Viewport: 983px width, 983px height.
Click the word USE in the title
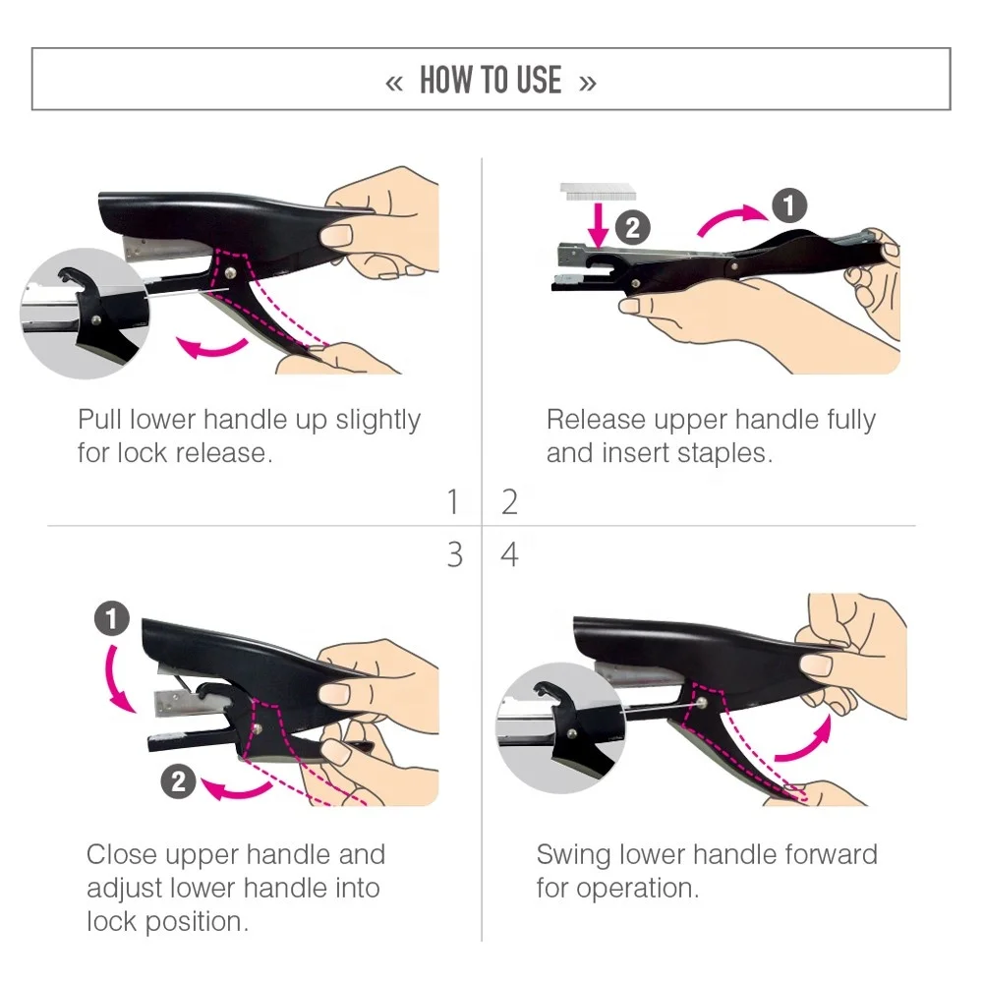[x=538, y=81]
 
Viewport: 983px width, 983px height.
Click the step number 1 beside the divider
[x=453, y=501]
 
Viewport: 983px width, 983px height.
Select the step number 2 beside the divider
[x=509, y=501]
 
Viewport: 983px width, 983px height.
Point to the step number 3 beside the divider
[x=453, y=555]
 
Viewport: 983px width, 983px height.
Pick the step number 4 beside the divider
[x=509, y=555]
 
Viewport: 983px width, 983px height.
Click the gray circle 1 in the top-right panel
[x=788, y=205]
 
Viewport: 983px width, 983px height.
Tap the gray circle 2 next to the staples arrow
[x=633, y=228]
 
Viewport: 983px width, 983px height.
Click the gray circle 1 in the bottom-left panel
[x=112, y=619]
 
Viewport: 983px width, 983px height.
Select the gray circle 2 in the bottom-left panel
[x=178, y=781]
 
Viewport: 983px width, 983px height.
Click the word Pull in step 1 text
[x=101, y=420]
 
